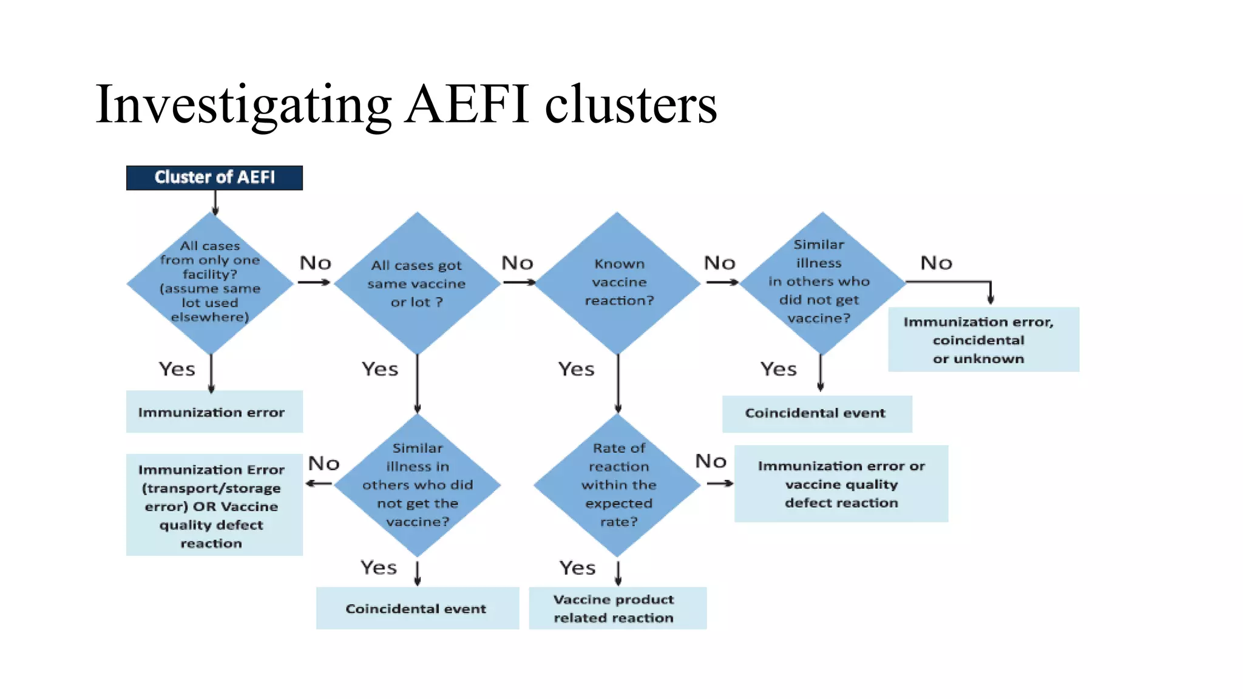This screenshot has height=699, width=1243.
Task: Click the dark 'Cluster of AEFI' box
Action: click(214, 178)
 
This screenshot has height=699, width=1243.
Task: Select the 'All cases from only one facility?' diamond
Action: click(210, 282)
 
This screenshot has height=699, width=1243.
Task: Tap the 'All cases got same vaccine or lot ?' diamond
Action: click(417, 283)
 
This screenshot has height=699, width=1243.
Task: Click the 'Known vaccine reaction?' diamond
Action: click(618, 282)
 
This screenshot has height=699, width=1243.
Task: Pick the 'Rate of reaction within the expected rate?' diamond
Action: click(618, 485)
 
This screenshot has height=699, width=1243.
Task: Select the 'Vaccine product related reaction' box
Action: click(617, 608)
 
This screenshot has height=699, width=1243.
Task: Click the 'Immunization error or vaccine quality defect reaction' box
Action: click(841, 484)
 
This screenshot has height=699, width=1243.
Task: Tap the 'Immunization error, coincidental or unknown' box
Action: click(983, 340)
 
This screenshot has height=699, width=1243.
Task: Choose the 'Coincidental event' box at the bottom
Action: click(417, 608)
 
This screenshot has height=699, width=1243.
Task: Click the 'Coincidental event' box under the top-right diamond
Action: click(816, 414)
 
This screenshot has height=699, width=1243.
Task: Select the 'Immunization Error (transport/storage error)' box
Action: click(214, 505)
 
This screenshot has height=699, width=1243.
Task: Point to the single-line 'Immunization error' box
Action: click(214, 412)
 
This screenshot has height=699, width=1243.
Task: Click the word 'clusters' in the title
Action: click(631, 105)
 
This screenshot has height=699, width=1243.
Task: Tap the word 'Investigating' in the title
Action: click(243, 105)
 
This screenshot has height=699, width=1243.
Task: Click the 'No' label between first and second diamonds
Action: click(316, 263)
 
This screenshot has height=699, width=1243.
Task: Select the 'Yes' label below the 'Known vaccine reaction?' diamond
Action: click(576, 369)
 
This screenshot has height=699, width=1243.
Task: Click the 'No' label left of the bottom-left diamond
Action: click(323, 464)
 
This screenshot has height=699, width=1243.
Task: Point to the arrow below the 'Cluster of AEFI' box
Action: click(215, 203)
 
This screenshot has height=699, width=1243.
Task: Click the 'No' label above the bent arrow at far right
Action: click(936, 263)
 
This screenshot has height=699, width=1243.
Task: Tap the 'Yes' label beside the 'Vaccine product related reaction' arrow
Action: click(577, 568)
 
